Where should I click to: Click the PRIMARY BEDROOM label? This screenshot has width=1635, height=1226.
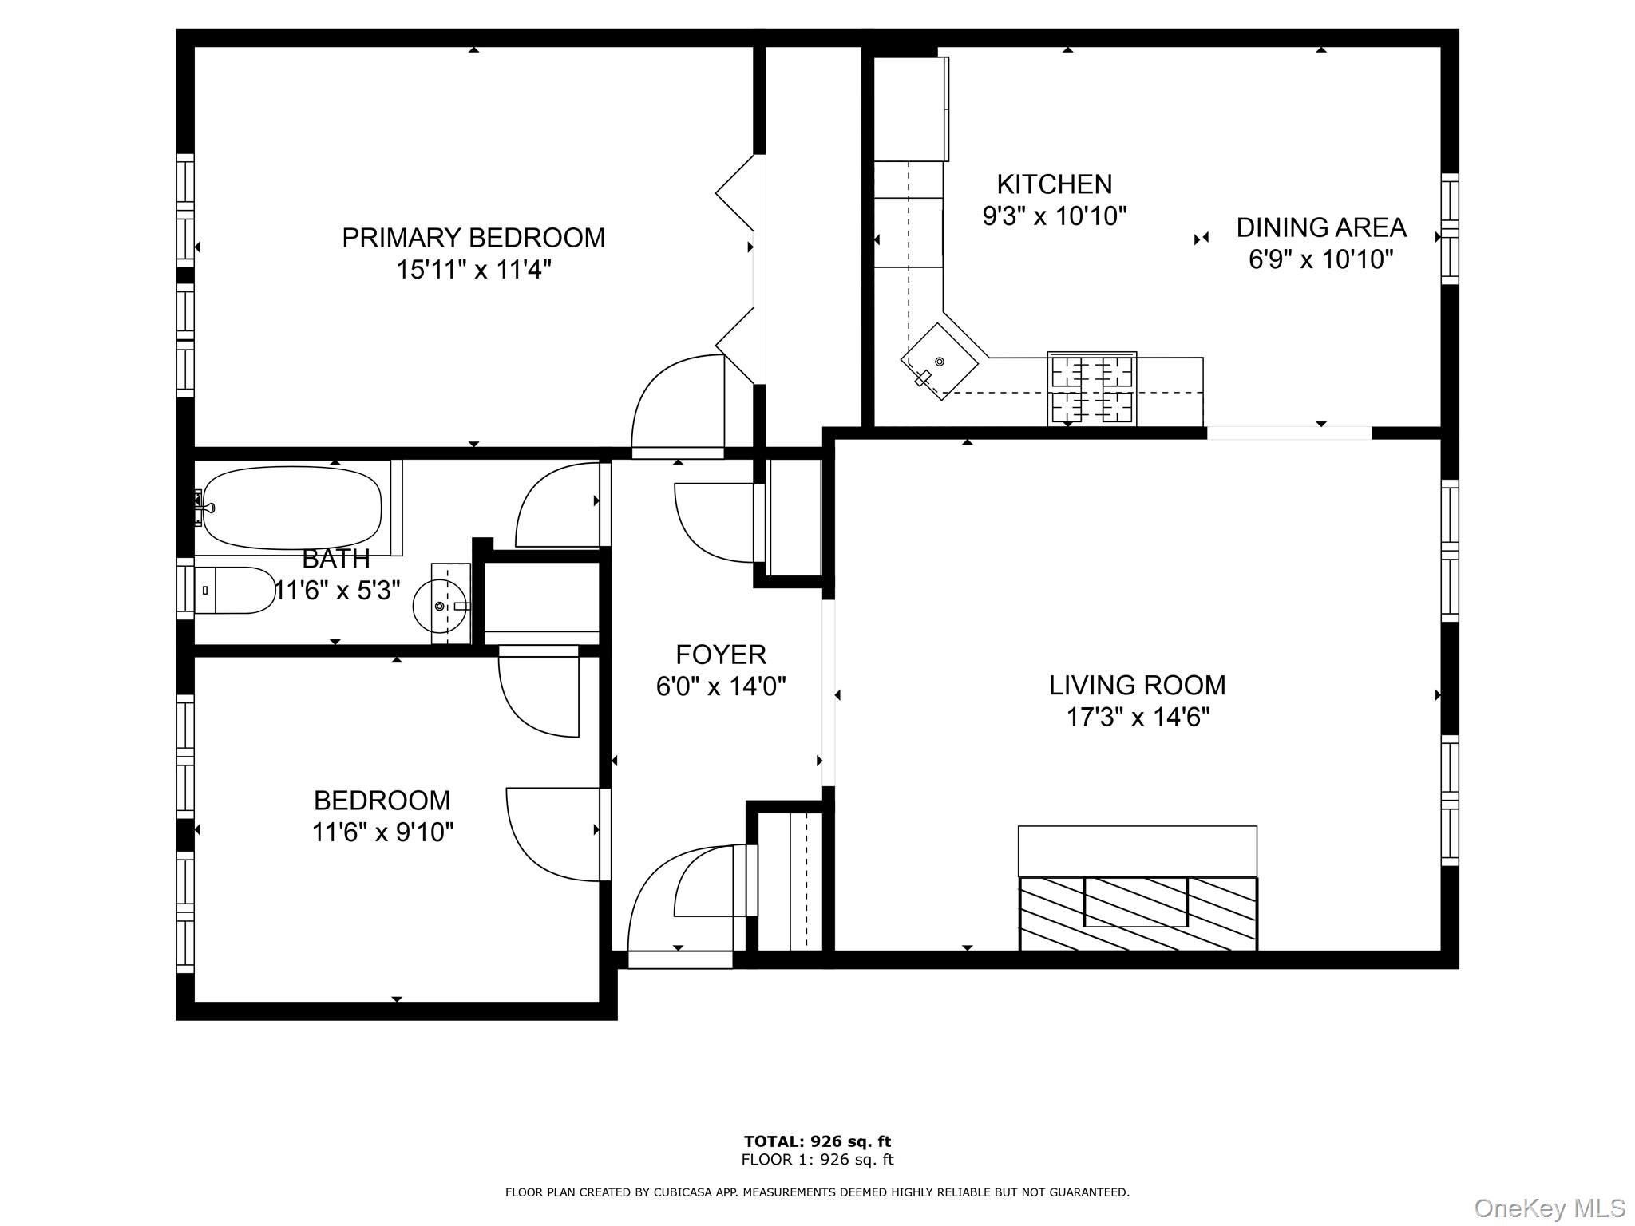473,238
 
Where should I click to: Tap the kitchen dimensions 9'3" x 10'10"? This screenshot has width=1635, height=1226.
1054,216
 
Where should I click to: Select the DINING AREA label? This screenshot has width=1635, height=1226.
1320,228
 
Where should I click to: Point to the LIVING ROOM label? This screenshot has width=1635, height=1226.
1137,685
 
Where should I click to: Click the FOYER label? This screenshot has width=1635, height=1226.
721,655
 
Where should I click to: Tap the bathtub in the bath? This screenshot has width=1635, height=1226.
291,508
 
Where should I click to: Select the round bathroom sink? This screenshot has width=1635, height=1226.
440,606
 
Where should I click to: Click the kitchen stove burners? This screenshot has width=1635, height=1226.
1091,390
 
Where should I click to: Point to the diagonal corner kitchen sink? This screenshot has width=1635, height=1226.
939,362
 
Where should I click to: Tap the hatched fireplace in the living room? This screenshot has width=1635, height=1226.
1138,913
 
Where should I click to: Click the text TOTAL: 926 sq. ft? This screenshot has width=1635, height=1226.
817,1141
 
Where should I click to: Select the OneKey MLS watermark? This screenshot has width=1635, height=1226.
1549,1208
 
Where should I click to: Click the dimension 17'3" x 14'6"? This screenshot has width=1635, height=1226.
1138,718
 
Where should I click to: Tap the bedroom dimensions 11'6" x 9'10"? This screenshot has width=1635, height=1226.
382,832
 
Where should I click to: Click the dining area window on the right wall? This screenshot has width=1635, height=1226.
1449,229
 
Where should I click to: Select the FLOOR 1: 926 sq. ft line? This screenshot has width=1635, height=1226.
817,1160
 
